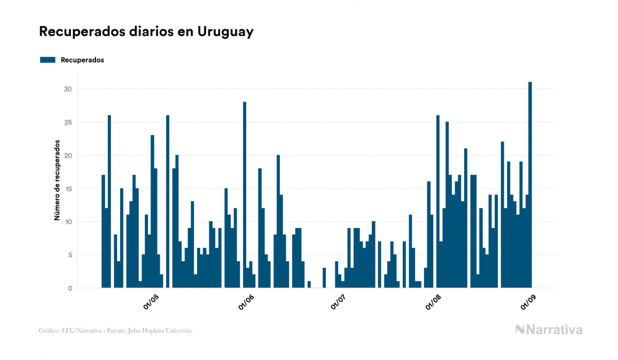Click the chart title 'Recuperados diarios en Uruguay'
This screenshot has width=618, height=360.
pos(146,32)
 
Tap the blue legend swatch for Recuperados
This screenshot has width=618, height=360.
pos(48,60)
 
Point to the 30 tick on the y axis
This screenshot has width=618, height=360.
pos(67,89)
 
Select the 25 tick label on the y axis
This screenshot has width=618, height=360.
pos(67,122)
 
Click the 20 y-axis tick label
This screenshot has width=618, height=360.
pos(67,155)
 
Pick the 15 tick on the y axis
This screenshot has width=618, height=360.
pos(67,189)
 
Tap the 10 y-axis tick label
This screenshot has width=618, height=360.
pos(67,222)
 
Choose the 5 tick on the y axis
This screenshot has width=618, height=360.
pos(69,255)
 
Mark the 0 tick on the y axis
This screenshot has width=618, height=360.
pos(69,288)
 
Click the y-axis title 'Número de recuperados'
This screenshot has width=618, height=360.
pos(57,180)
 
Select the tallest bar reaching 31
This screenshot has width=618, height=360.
pos(530,184)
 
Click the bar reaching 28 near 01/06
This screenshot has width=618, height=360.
pos(245,195)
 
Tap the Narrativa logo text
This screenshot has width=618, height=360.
pos(554,330)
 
